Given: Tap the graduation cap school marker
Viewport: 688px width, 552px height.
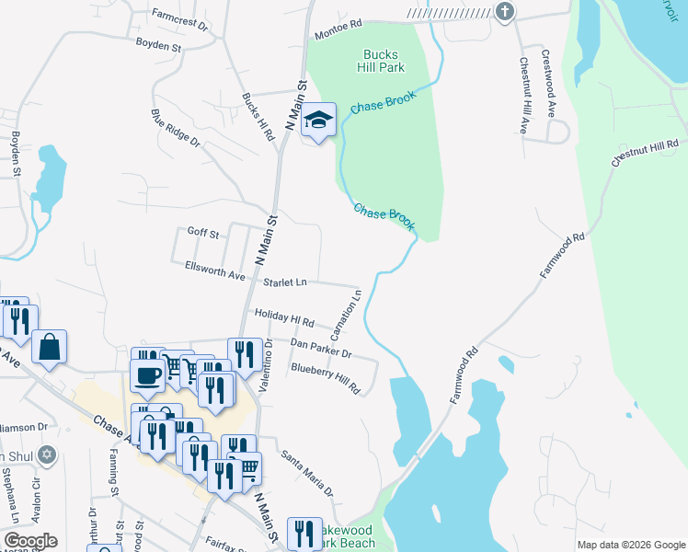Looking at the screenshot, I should [319, 121].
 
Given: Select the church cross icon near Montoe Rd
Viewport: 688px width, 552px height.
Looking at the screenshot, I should [504, 11].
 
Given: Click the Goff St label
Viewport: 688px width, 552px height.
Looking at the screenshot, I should [202, 234].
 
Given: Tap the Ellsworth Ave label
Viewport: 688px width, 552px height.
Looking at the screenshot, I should [215, 275].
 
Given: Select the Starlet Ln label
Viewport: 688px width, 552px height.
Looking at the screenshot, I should [286, 282].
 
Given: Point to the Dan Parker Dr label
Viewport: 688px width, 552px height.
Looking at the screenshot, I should [321, 348].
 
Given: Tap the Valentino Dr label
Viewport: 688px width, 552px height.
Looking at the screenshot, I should [265, 366].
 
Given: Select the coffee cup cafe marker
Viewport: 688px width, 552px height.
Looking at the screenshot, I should [148, 374].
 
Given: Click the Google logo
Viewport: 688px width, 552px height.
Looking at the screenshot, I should [30, 541].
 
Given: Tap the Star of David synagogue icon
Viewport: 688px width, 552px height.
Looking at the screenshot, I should [50, 454].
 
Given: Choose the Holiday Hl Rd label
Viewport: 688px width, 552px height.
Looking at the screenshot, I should [284, 318].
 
